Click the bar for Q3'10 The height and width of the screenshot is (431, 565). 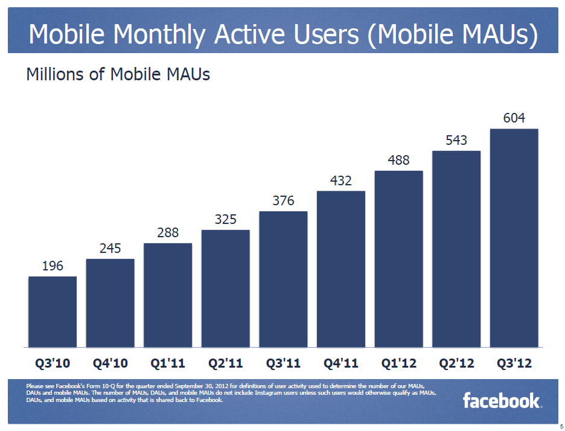click(x=53, y=311)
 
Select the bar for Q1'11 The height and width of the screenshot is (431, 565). click(x=168, y=295)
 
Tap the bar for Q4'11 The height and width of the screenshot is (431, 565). click(x=341, y=269)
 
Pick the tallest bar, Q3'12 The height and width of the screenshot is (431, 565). click(x=514, y=238)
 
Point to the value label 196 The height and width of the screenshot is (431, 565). click(x=53, y=266)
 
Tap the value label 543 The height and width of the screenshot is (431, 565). click(x=456, y=141)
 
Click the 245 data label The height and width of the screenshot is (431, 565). click(x=110, y=248)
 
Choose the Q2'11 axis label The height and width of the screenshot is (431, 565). click(x=225, y=364)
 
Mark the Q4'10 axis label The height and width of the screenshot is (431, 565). click(x=110, y=364)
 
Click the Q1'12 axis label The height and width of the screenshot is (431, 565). click(x=398, y=364)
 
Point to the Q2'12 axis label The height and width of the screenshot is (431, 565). click(x=456, y=364)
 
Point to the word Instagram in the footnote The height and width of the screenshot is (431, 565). click(x=275, y=393)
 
